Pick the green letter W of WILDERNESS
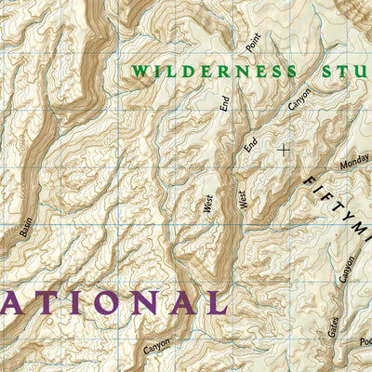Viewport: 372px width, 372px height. pos(139,72)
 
